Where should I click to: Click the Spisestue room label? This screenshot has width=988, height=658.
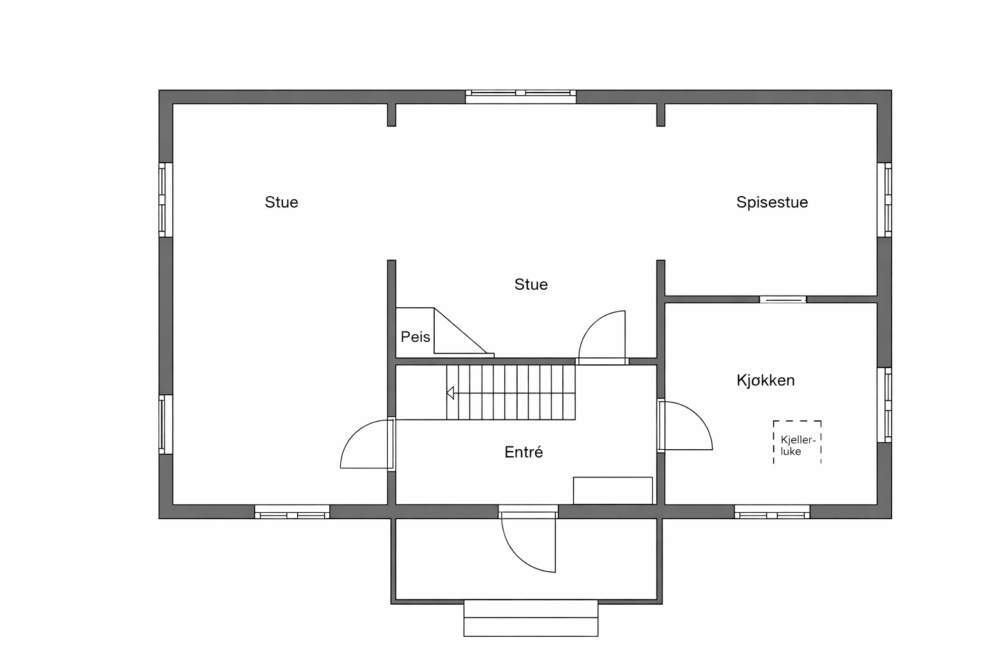pos(771,202)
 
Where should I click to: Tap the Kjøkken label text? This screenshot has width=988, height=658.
pos(765,380)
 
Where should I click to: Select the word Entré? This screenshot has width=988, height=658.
pos(524,452)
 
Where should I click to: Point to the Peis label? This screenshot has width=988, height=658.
pos(415,337)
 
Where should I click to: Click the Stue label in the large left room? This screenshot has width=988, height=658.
pos(281,202)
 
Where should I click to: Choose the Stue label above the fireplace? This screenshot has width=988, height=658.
pos(531,285)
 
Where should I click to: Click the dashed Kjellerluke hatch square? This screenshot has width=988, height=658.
pos(797,442)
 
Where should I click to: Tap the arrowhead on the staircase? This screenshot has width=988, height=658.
pos(450,393)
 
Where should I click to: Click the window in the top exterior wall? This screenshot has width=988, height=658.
pos(520,96)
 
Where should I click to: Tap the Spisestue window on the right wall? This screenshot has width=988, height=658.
pos(884,200)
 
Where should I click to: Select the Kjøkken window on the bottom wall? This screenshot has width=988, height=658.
pos(772,512)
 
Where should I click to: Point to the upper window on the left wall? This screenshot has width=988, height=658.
pos(165,200)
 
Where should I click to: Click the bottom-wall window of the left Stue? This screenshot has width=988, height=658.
pos(292,512)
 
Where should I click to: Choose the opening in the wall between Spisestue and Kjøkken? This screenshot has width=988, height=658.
pos(783,299)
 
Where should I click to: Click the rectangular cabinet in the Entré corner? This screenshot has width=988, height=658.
pos(612,491)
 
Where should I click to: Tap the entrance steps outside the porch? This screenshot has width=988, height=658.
pos(531,618)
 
